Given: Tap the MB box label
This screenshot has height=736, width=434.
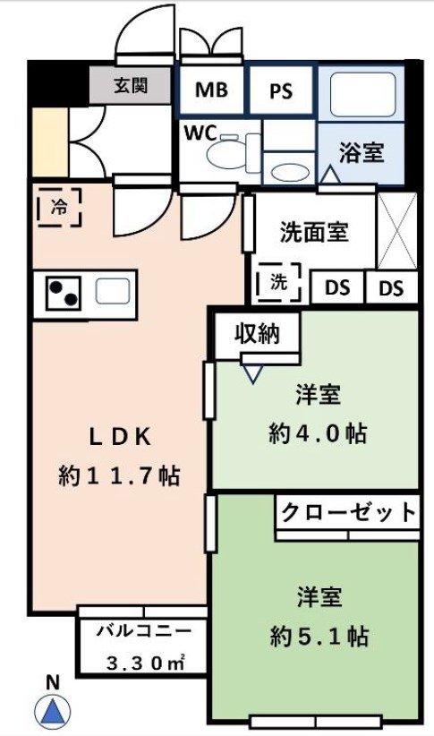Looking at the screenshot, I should point(211,90).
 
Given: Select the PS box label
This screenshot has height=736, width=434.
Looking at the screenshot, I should point(280,91).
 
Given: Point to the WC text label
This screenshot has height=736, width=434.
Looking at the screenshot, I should point(200,133).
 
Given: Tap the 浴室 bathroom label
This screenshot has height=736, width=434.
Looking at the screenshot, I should point(361,152).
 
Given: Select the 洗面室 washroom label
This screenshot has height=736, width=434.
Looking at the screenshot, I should point(314,233).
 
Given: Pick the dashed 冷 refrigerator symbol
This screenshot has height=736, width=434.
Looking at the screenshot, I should point(59,208).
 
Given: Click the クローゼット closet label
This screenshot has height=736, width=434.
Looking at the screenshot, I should point(348,513).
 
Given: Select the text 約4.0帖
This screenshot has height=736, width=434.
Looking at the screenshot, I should point(318,433).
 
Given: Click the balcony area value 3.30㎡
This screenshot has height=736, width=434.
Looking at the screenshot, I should point(143,663).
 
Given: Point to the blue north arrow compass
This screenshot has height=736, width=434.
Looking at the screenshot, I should point(53,712).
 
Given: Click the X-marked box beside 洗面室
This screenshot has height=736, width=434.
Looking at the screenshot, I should point(396,231).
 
